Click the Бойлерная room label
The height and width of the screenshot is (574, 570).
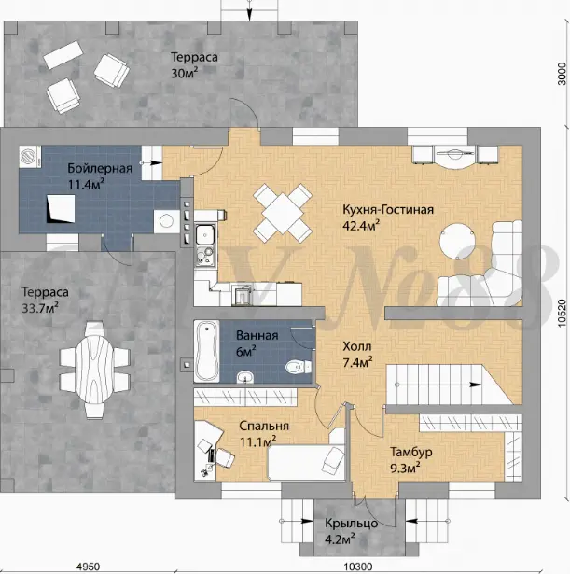100,168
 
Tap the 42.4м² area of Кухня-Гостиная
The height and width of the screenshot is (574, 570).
361,226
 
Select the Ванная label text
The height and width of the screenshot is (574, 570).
257,335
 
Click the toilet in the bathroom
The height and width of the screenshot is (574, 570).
299,367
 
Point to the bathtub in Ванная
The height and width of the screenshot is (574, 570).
206,352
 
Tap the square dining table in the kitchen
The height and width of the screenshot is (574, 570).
283,214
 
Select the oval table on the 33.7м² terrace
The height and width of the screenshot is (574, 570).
95,369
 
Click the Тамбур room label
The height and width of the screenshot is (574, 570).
411,452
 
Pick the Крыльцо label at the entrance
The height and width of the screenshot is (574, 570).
351,523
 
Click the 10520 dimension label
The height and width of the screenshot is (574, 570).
563,314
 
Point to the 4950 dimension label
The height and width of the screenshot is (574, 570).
88,567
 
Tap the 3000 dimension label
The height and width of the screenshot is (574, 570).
562,74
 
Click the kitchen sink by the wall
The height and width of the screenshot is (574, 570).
205,234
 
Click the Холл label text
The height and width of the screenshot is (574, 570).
357,346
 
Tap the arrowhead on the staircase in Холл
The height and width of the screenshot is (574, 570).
476,385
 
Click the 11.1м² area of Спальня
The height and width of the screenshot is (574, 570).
257,441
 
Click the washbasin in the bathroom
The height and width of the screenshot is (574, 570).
245,377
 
